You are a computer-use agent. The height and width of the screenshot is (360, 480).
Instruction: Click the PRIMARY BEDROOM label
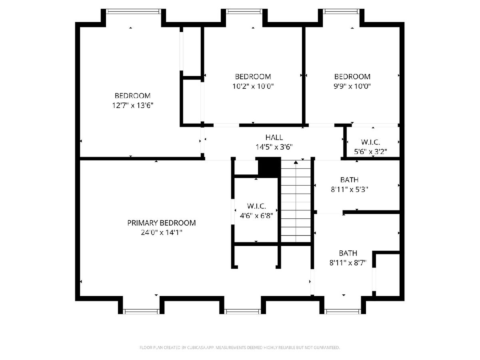(x=161, y=223)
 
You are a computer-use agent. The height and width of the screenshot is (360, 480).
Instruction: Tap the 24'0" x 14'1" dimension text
(x=161, y=232)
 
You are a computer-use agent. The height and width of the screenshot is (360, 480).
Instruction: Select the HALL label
(x=274, y=137)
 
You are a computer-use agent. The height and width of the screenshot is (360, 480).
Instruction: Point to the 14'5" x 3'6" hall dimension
(x=274, y=147)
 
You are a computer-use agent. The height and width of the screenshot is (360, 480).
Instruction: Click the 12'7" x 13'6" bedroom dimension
(x=132, y=105)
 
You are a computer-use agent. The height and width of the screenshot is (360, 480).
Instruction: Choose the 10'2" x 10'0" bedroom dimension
(x=253, y=86)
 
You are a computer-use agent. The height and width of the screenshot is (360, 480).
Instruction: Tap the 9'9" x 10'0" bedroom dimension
(x=352, y=86)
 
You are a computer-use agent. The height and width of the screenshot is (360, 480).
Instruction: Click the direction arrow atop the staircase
(x=296, y=162)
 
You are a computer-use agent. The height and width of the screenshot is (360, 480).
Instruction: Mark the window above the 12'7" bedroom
(x=134, y=11)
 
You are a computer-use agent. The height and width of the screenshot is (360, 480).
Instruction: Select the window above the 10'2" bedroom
(x=244, y=11)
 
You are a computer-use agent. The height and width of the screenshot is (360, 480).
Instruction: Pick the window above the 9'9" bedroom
(x=341, y=11)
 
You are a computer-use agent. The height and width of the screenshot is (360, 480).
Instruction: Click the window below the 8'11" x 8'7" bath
(x=342, y=312)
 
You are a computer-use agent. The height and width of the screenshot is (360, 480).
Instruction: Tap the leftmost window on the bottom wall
(x=141, y=312)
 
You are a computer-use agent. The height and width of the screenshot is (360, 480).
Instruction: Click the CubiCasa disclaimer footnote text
(x=240, y=348)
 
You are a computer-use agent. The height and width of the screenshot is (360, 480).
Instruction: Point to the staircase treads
(x=296, y=201)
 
